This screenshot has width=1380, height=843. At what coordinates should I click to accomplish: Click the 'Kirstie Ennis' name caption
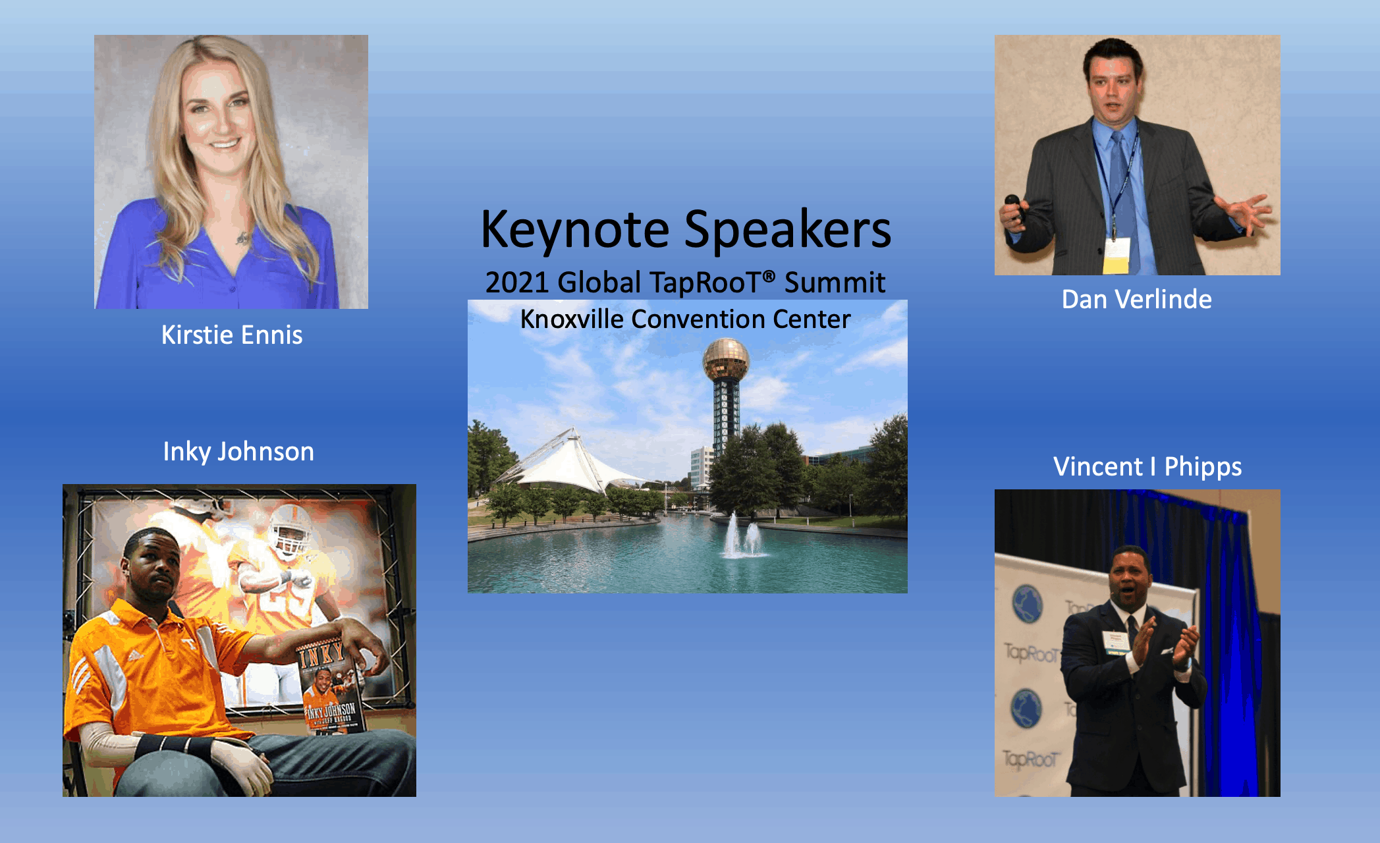click(x=232, y=335)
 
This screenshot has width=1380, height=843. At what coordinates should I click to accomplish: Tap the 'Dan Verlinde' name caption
click(x=1136, y=300)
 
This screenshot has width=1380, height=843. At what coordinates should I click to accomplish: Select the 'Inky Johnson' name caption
click(x=238, y=452)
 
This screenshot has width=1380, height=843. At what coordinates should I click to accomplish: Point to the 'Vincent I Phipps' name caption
click(x=1147, y=467)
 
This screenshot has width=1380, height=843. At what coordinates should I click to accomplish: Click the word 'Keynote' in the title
click(x=574, y=230)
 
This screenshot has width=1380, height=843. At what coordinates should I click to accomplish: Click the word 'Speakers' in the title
click(x=787, y=230)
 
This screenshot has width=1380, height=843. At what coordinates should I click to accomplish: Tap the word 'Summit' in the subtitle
click(x=835, y=283)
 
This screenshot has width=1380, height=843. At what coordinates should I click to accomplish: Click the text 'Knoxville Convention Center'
click(x=685, y=319)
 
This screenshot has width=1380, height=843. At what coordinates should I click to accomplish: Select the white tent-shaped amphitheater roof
click(x=570, y=461)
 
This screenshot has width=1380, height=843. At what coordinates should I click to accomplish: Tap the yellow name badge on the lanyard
click(x=1116, y=256)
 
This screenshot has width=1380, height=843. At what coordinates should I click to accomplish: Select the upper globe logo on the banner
click(x=1027, y=603)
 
